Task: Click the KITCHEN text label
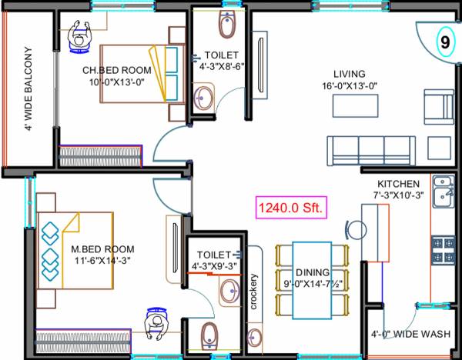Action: pyautogui.click(x=397, y=184)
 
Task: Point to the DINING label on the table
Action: pyautogui.click(x=311, y=272)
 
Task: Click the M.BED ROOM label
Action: pyautogui.click(x=102, y=249)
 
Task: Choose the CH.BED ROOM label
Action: pyautogui.click(x=116, y=71)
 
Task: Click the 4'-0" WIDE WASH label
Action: pyautogui.click(x=410, y=335)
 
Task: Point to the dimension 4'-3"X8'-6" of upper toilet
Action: pyautogui.click(x=221, y=67)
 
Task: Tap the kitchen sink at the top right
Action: pyautogui.click(x=443, y=190)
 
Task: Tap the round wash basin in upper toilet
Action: pyautogui.click(x=203, y=98)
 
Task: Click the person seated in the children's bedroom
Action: pyautogui.click(x=79, y=37)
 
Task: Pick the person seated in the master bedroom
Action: pyautogui.click(x=156, y=326)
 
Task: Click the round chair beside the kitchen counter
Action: pyautogui.click(x=353, y=230)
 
